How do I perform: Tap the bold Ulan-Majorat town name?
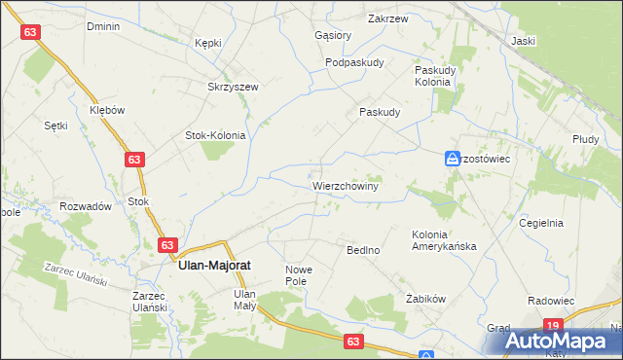[216, 264]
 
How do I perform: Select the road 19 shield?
[553, 326]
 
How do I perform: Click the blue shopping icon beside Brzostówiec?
[453, 158]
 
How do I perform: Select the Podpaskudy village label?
[355, 62]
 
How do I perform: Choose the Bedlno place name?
[363, 250]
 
